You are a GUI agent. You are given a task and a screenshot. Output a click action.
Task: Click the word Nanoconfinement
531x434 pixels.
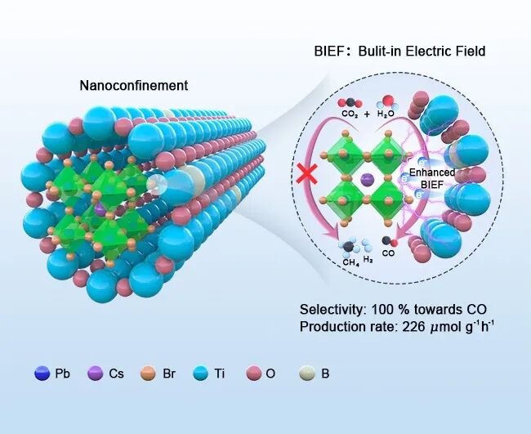coord(134,85)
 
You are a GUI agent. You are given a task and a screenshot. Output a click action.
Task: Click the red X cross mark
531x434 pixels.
coord(307,174)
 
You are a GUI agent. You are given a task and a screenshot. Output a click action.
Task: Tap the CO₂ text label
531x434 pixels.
coord(350,114)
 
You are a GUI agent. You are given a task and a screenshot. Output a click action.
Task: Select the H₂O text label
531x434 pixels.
coord(386,114)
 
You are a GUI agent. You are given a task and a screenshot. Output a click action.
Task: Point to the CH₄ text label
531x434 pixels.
coord(350,262)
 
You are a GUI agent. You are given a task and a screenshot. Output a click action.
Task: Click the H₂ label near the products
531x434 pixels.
coord(368,260)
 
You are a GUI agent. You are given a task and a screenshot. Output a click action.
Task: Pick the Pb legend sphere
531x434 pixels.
coord(42,374)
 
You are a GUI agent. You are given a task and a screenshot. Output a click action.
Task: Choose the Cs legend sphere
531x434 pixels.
coord(95,374)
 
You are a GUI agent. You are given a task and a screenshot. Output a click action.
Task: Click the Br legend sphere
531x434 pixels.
coord(148,374)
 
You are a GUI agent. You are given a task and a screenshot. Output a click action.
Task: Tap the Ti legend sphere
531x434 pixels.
coord(200,374)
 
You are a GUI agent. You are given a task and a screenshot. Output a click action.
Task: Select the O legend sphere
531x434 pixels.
coord(254,374)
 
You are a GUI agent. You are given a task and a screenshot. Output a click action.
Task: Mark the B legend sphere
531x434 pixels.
coord(307,374)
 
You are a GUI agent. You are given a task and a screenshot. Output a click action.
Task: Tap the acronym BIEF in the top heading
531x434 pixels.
coord(328,51)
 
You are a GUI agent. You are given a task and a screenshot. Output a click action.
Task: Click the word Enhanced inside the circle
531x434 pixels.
coord(432,172)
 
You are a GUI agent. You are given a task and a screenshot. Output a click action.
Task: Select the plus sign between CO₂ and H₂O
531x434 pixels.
coord(367,114)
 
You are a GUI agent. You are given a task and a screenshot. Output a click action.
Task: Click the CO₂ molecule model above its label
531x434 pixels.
coord(350,103)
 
